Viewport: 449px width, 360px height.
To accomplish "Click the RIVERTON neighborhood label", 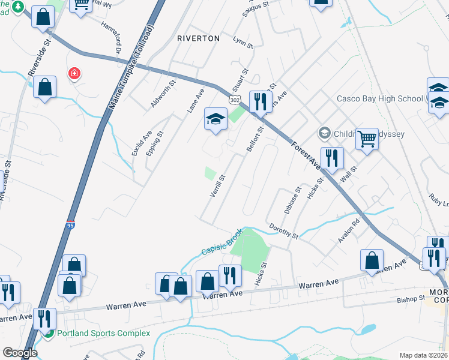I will click(x=198, y=38).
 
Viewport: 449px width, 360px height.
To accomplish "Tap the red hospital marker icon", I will click(x=75, y=74).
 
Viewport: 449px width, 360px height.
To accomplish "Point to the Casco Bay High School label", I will click(x=379, y=98).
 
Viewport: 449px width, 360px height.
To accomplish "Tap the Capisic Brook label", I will click(x=221, y=242).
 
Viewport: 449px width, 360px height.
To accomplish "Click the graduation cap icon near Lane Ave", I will click(x=215, y=118).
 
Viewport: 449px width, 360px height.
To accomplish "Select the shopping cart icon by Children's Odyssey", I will click(x=366, y=139).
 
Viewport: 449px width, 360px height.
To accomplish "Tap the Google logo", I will click(x=20, y=353).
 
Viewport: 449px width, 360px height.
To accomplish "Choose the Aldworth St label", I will click(x=163, y=94).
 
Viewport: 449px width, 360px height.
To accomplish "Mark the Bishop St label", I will click(x=411, y=299).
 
